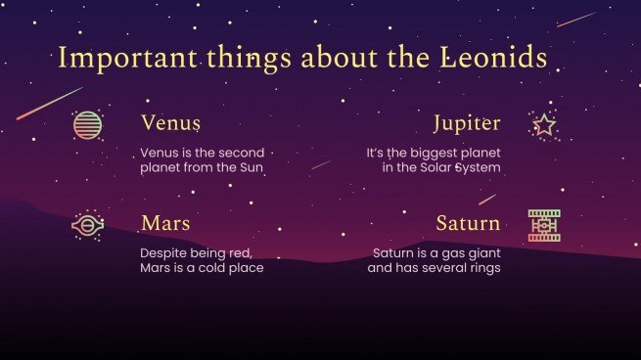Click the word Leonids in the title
496,58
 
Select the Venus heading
170,123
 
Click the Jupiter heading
467,123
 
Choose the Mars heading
165,223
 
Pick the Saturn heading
468,223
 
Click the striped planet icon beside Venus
87,125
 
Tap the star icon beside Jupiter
544,125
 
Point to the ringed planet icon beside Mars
87,226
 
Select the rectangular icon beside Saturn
544,226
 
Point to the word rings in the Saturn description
481,267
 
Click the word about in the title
333,58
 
